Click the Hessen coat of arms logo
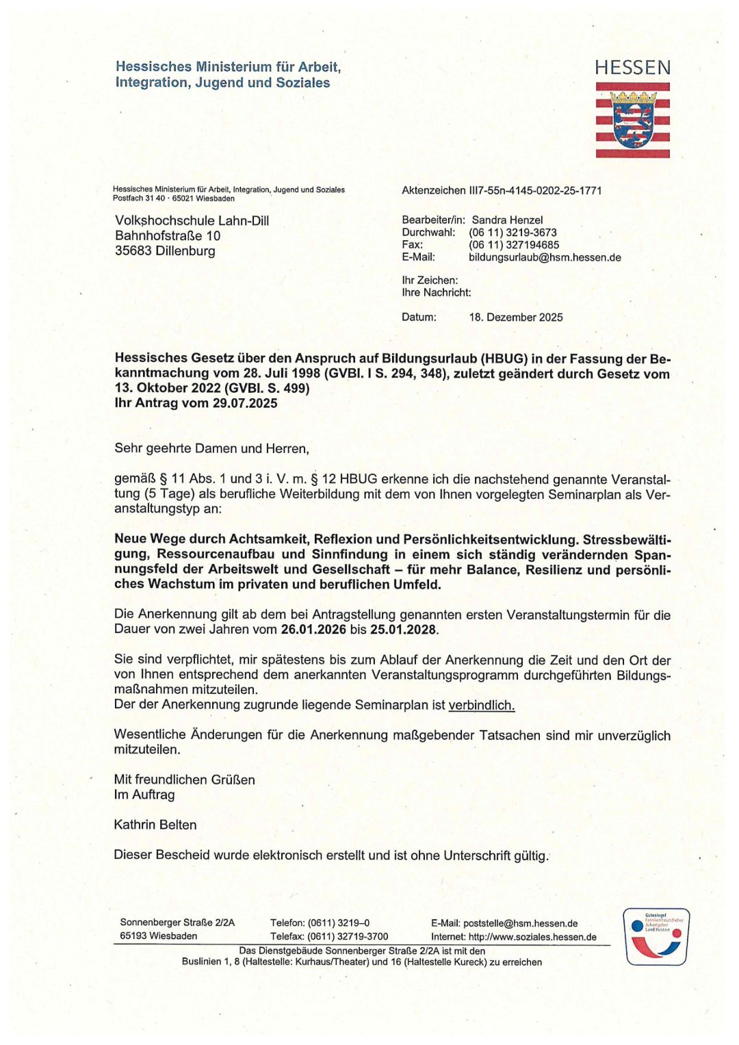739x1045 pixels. (632, 120)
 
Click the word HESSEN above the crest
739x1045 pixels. (632, 68)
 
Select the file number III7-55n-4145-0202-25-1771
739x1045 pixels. (535, 191)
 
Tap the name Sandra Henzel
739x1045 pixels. (507, 220)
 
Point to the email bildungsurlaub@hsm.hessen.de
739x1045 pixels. (545, 257)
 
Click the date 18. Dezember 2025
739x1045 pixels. (516, 318)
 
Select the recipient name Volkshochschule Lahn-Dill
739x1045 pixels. (192, 221)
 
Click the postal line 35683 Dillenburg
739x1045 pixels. (165, 251)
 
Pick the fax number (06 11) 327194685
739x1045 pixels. (514, 245)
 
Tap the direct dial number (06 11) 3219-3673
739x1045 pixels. (513, 233)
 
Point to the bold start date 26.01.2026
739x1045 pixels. (313, 630)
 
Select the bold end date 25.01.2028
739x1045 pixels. (403, 630)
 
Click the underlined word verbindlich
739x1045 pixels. (481, 706)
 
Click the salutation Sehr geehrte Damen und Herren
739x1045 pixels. (211, 449)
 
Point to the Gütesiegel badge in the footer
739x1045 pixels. (656, 936)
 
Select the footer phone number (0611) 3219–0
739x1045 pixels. (339, 923)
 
